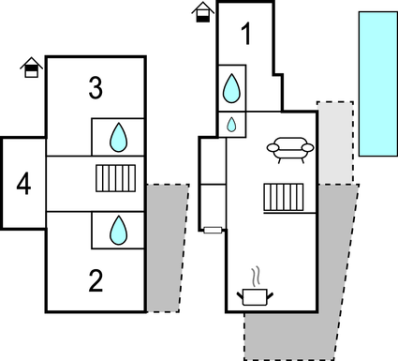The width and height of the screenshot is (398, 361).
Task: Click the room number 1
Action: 246,35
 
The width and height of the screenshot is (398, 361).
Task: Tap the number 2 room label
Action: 96,279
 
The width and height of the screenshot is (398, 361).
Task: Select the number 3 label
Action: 96,89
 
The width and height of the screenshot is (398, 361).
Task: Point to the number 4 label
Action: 23,184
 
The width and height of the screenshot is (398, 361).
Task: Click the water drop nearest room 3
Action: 118,138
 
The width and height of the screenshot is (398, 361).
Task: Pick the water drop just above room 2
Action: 118,229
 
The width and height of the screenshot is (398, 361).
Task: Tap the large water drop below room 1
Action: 231,89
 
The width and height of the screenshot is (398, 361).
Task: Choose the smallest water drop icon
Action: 231,124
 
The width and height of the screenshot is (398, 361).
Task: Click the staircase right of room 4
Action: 117,177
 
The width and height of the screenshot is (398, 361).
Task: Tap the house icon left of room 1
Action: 202,12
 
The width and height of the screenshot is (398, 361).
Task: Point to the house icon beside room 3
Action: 32,68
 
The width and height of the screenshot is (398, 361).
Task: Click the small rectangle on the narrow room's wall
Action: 213,230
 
